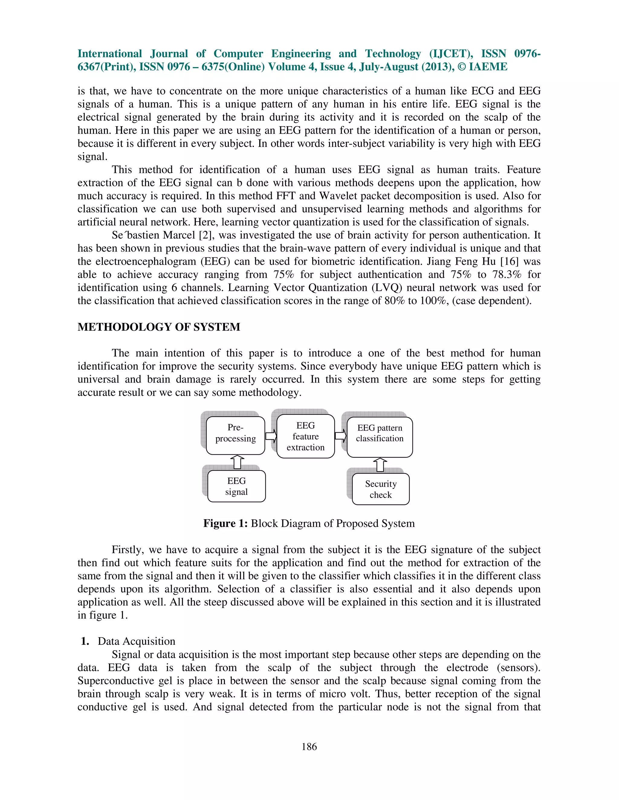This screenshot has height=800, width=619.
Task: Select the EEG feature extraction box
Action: (x=306, y=436)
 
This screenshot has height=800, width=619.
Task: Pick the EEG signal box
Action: (x=237, y=486)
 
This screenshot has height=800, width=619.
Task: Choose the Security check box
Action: (x=381, y=489)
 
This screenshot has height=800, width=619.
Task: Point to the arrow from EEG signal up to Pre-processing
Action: (x=238, y=462)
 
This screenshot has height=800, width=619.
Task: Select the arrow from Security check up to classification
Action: (x=380, y=465)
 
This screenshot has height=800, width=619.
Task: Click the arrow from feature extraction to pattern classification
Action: (x=341, y=436)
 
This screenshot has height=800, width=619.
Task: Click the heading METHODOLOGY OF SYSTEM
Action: (x=159, y=327)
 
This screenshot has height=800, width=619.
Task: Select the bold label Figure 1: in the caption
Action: (x=225, y=523)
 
